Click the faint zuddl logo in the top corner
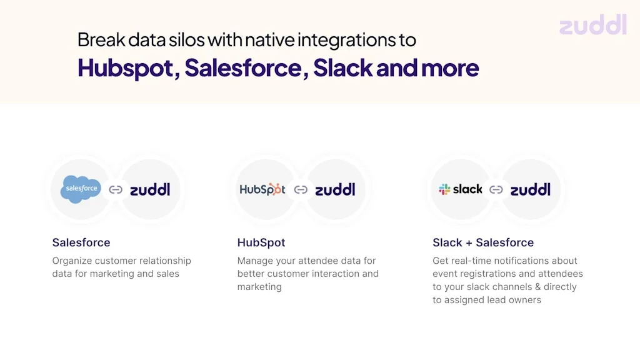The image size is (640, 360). (592, 24)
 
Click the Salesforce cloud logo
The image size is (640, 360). (81, 189)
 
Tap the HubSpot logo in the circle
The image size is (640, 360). (262, 189)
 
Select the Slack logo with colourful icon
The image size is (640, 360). (461, 189)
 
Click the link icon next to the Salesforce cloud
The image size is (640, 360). (116, 190)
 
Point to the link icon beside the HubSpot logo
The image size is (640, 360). (301, 190)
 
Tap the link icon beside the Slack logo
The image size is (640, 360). (496, 190)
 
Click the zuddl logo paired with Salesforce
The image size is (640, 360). (150, 189)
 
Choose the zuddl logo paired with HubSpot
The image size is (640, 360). (335, 189)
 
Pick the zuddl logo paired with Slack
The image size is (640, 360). (530, 189)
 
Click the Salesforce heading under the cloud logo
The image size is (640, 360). (81, 242)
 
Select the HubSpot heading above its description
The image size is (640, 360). (261, 242)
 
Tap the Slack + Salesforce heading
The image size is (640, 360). (483, 242)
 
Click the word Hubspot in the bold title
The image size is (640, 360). (125, 68)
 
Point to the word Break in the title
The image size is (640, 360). (101, 39)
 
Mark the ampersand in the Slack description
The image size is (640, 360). (537, 286)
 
